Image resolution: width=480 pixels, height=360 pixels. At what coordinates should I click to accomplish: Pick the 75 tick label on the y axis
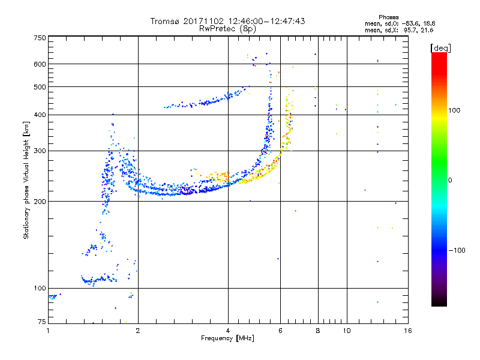pos(41,323)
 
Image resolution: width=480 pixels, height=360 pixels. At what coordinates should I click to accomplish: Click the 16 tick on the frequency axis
pos(407,331)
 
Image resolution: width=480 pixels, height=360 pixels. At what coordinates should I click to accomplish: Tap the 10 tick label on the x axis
pos(346,331)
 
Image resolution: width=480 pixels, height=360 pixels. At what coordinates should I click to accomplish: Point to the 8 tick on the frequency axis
pos(318,331)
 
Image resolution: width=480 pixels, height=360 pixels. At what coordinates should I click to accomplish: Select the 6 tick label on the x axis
pos(280,331)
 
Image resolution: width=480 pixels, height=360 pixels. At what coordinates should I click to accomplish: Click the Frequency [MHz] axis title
pos(227,339)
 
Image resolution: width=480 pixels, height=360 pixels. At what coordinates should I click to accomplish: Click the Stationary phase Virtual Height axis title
pos(26,180)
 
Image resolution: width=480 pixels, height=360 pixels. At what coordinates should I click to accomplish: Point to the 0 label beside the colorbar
pos(449,180)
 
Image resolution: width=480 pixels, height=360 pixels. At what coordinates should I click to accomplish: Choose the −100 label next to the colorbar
pos(457,250)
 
